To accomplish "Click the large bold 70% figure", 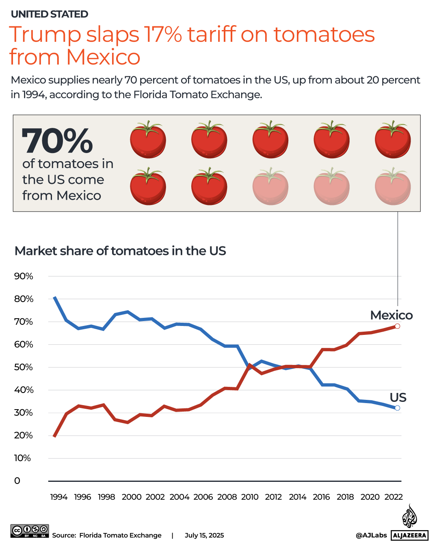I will pos(57,141).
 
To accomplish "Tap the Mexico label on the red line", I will pos(391,315).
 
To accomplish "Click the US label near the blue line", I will pos(398,397).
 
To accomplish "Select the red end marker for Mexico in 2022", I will pos(397,326).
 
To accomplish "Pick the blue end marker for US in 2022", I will pos(397,408).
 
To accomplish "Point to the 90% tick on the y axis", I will pos(24,276).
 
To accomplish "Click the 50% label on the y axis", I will pos(24,367).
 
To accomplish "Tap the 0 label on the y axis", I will pos(17,481).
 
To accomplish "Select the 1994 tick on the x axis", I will pos(58,497).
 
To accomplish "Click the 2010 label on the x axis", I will pos(249,497).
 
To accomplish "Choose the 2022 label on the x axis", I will pos(393,497).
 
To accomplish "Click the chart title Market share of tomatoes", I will pos(120,251).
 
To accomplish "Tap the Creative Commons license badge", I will pos(30,531).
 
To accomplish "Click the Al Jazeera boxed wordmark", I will pos(409,535).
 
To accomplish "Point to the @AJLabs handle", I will pos(371,535).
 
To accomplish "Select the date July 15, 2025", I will pos(204,535).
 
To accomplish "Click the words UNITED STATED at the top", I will pos(50,14).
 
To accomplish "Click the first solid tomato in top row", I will pos(148,140).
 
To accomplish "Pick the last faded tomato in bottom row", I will pos(393,187).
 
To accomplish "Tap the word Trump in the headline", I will pos(45,35).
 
